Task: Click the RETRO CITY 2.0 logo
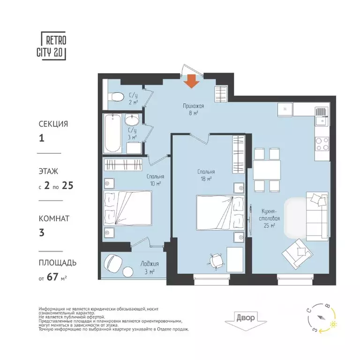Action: coord(53,46)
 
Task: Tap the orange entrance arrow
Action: coord(191,81)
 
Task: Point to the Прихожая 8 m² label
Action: coord(193,109)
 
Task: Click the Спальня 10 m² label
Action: coord(154,180)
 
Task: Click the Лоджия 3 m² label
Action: coord(147,267)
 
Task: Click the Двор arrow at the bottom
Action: coord(245,320)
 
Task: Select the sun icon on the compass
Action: coord(333,324)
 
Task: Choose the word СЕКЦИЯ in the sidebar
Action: coord(53,124)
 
